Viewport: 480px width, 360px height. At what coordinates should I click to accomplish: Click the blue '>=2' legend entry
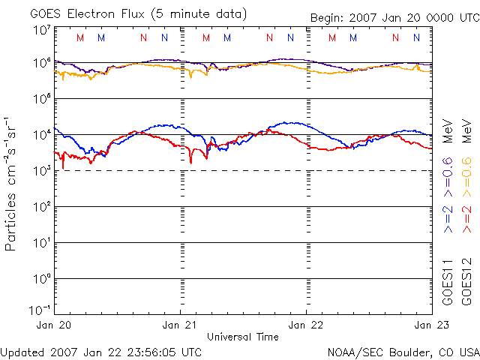click(x=447, y=217)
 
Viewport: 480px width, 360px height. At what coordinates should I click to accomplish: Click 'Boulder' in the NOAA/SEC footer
click(x=411, y=351)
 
